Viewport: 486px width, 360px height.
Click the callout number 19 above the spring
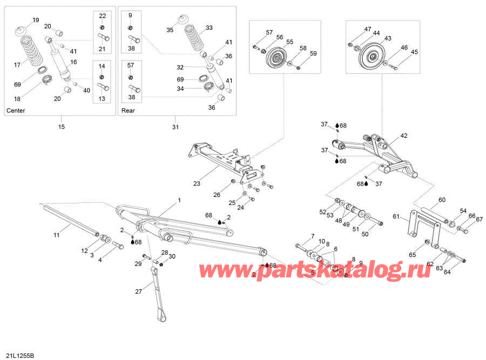click(x=36, y=20)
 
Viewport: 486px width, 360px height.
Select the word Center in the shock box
click(x=16, y=111)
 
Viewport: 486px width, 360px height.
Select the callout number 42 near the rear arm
click(x=404, y=136)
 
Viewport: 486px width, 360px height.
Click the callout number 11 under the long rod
click(x=57, y=235)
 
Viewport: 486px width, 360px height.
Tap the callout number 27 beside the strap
click(x=138, y=291)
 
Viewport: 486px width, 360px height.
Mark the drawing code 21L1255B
click(x=19, y=355)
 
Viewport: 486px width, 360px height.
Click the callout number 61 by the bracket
click(x=396, y=217)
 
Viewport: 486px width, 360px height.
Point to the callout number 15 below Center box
click(x=61, y=127)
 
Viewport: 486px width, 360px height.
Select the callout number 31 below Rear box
click(x=174, y=127)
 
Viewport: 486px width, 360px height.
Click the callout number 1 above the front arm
click(x=179, y=200)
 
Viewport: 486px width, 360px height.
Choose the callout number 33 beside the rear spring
click(x=210, y=28)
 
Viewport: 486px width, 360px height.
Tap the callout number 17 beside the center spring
click(x=17, y=65)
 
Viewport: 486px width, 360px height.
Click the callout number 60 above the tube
click(x=442, y=200)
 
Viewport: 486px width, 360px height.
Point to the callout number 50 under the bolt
click(x=365, y=234)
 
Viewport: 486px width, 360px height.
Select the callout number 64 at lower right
click(x=447, y=271)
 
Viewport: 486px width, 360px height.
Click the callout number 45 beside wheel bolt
click(x=415, y=52)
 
